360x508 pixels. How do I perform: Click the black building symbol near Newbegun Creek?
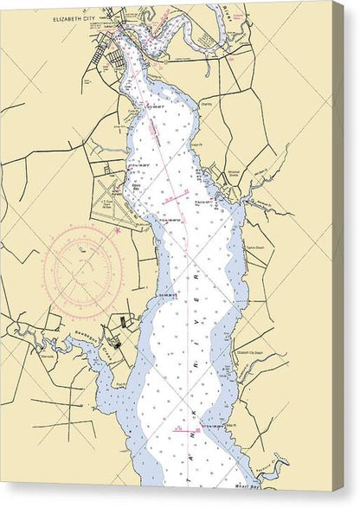(x=123, y=322)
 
